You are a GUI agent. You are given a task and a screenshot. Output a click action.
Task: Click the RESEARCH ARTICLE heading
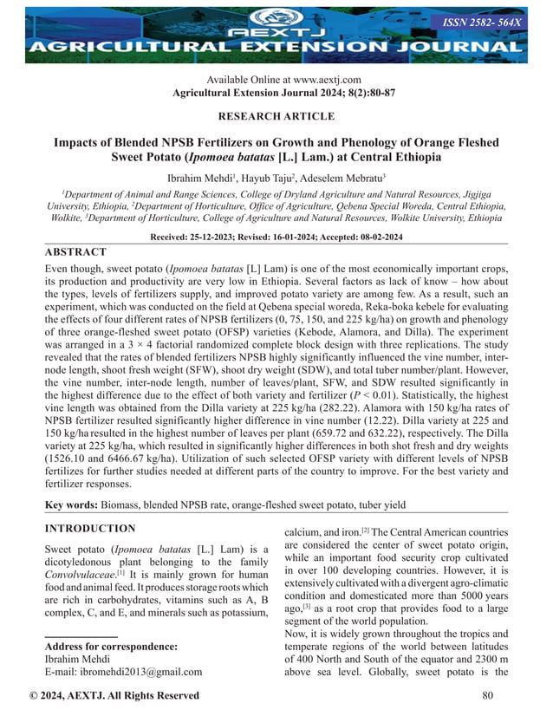(x=276, y=116)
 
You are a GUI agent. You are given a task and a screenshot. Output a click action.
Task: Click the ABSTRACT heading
(x=75, y=252)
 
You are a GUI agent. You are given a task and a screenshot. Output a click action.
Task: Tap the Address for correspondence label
(x=110, y=646)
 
